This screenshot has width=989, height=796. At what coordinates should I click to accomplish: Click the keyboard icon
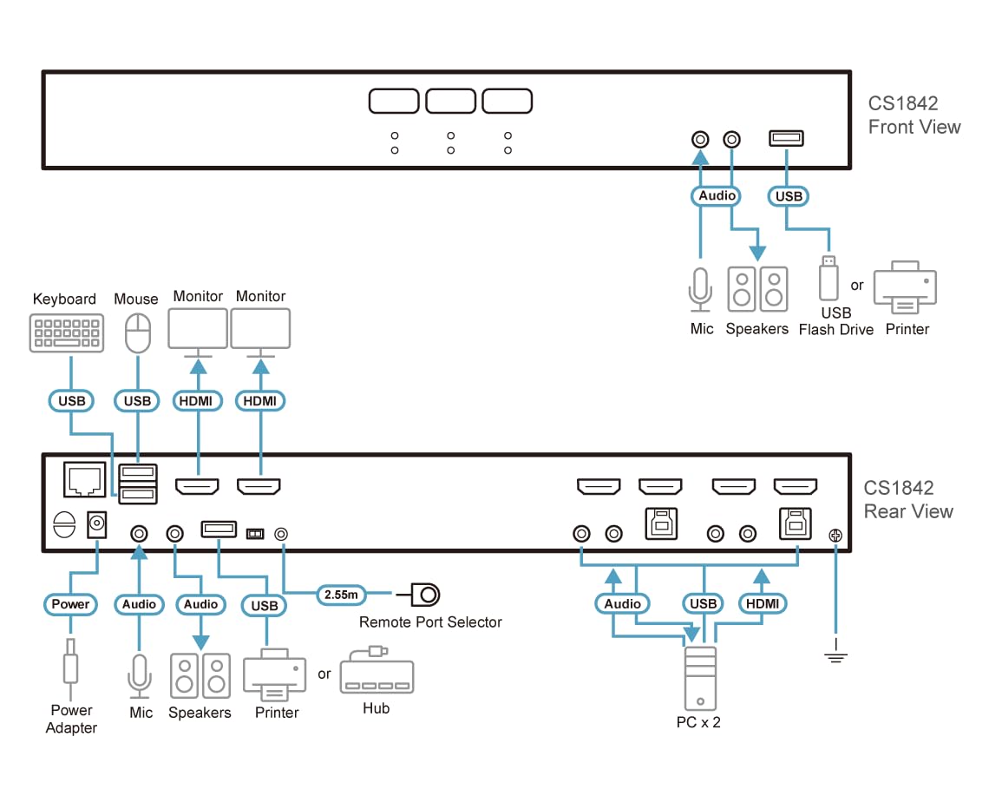(65, 334)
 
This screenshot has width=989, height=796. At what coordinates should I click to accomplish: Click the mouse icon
(137, 333)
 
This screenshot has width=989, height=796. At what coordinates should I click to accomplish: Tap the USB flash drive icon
(829, 278)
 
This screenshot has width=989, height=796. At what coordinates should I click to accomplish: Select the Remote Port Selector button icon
(426, 595)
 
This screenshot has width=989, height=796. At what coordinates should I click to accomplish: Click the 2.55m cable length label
(339, 595)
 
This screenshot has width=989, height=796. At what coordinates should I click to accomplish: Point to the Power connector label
(70, 604)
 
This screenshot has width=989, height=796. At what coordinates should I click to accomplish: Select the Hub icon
(376, 673)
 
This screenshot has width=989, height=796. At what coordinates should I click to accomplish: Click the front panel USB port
(786, 138)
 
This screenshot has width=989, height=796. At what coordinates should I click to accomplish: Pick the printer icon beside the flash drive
(905, 287)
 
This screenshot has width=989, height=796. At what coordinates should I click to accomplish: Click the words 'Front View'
(914, 127)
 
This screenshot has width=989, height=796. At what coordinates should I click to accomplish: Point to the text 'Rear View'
(908, 511)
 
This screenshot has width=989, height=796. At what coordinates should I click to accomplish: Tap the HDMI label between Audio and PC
(763, 604)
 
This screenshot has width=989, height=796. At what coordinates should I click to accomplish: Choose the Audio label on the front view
(717, 196)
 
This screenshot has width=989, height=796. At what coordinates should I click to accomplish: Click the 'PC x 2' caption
(698, 722)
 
